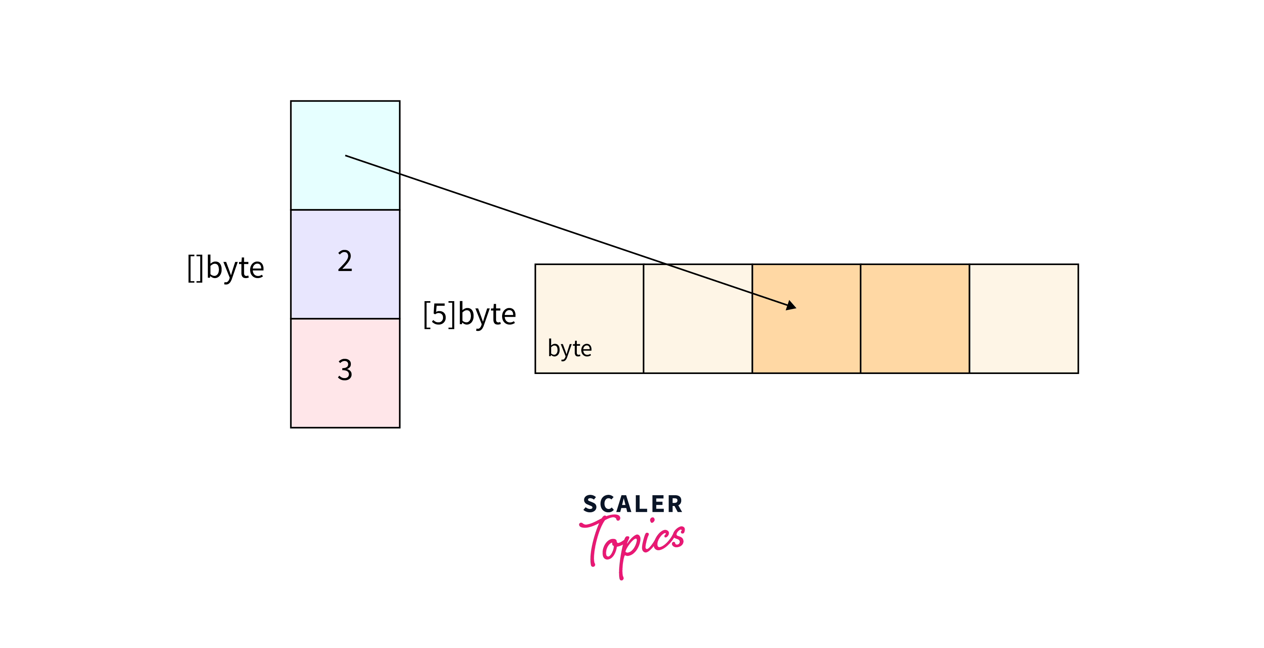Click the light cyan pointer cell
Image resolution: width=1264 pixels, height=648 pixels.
click(x=345, y=128)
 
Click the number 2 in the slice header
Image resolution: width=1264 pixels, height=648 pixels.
click(x=345, y=261)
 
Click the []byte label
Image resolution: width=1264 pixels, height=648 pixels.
click(x=226, y=268)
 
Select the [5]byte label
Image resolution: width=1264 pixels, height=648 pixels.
click(x=469, y=314)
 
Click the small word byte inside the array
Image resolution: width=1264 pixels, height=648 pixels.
click(x=570, y=349)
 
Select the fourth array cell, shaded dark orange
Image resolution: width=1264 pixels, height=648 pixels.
click(x=915, y=319)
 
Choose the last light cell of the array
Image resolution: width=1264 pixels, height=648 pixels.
click(x=1024, y=319)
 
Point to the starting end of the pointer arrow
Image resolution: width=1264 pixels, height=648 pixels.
click(x=346, y=156)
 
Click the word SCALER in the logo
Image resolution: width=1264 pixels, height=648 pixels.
click(x=633, y=504)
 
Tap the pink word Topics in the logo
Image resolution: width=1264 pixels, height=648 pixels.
click(x=633, y=542)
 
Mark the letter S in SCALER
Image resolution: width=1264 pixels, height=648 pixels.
click(x=589, y=504)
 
